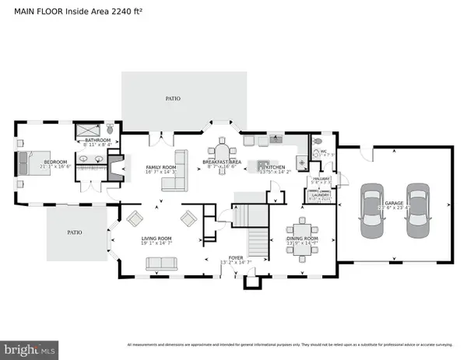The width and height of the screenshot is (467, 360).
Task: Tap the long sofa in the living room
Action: tap(161, 264)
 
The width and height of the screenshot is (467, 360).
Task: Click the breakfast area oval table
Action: tap(223, 152)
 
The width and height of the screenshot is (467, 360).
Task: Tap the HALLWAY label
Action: tap(321, 178)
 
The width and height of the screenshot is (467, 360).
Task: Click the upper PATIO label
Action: tap(172, 99)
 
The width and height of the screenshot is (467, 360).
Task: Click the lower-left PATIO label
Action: tap(74, 232)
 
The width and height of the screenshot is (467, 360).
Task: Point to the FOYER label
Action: tap(236, 257)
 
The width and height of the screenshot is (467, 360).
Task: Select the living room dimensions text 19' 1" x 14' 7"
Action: tap(156, 243)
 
